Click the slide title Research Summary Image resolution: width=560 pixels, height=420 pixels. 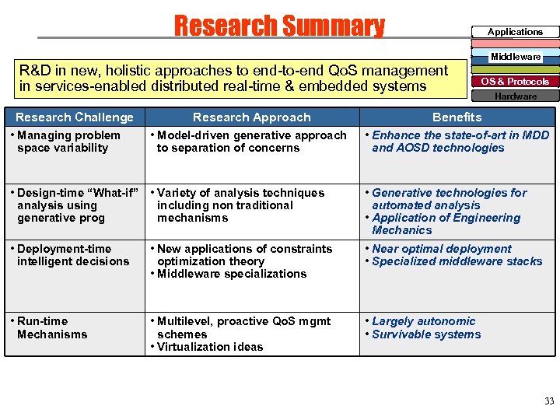[x=279, y=26]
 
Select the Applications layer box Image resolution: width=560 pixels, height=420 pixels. [x=515, y=32]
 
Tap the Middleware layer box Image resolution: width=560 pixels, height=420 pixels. [x=515, y=57]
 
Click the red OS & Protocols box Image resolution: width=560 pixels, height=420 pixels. [x=515, y=81]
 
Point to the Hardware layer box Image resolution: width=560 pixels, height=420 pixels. [x=515, y=96]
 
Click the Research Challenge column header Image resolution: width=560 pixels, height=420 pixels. [x=75, y=117]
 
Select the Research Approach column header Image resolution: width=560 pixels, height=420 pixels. [x=251, y=117]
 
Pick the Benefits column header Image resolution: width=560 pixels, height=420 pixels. [x=457, y=117]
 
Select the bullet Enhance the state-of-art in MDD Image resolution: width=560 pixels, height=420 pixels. [x=459, y=142]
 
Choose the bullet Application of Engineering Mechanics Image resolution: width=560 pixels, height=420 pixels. [x=447, y=224]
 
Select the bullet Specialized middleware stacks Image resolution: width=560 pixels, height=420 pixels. [x=457, y=261]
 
